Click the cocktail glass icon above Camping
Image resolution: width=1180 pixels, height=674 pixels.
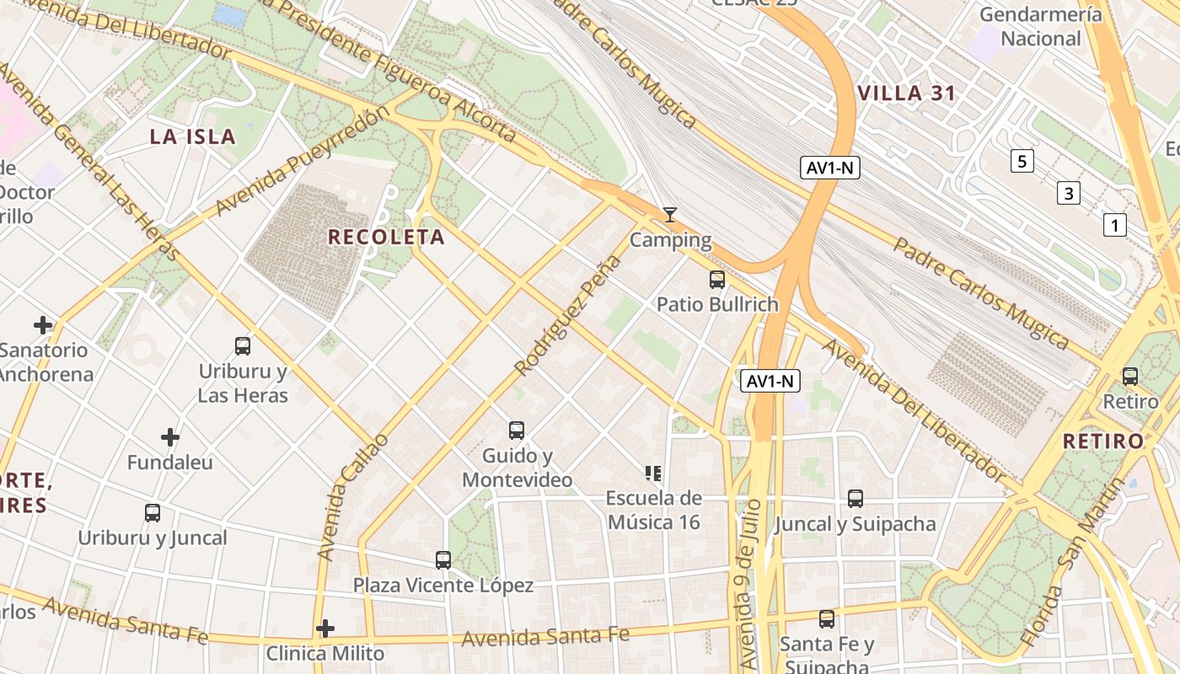pyautogui.click(x=670, y=215)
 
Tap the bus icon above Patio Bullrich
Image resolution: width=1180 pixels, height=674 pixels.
pyautogui.click(x=717, y=280)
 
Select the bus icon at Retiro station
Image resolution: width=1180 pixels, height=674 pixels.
pyautogui.click(x=1130, y=377)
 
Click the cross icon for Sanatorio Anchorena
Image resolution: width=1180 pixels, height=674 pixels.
pyautogui.click(x=43, y=325)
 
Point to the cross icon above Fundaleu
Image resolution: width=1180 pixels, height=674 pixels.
pyautogui.click(x=170, y=437)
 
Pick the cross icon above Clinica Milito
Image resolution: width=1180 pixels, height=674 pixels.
pyautogui.click(x=325, y=629)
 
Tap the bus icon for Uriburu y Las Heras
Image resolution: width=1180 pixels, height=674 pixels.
pyautogui.click(x=243, y=345)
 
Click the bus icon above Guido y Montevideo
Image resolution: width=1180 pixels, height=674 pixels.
pyautogui.click(x=517, y=431)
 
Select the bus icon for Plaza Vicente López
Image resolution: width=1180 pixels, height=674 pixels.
pyautogui.click(x=443, y=559)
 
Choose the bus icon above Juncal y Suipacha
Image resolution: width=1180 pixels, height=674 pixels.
pyautogui.click(x=855, y=499)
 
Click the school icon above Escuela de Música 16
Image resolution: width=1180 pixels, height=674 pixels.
pyautogui.click(x=653, y=473)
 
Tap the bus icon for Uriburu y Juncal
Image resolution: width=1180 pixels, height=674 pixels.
pyautogui.click(x=153, y=513)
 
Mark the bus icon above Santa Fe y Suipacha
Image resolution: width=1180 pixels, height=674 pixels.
pyautogui.click(x=827, y=619)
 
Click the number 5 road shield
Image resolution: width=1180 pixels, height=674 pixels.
pyautogui.click(x=1022, y=161)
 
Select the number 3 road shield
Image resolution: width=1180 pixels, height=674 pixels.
pyautogui.click(x=1069, y=194)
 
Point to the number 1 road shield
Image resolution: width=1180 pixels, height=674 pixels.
pyautogui.click(x=1115, y=225)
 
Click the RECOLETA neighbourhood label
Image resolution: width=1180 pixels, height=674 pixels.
pyautogui.click(x=386, y=238)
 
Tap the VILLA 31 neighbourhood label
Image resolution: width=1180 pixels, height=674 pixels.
pyautogui.click(x=906, y=94)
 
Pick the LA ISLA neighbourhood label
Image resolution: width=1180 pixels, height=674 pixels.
pyautogui.click(x=192, y=137)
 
